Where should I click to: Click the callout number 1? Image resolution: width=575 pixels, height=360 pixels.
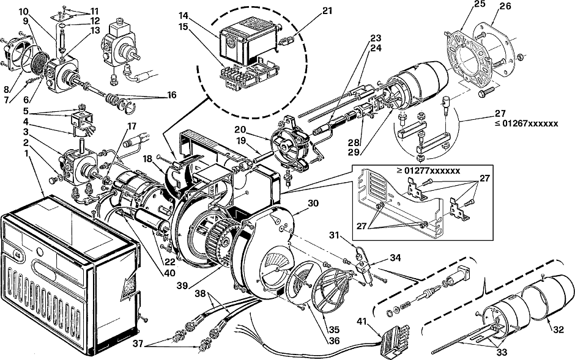26,153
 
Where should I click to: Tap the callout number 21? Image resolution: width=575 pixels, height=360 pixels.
327,10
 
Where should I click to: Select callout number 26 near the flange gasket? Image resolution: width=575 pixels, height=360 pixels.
505,6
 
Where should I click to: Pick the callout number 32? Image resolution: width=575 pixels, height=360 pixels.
558,329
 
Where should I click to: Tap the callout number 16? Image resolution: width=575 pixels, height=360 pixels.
172,95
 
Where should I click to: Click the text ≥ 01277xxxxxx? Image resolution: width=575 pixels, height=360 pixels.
428,171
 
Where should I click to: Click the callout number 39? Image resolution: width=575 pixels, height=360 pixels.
182,285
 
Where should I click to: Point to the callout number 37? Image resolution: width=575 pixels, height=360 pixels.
138,343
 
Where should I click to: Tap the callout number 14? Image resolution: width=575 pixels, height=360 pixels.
184,15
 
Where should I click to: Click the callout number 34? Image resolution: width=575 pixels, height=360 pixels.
395,258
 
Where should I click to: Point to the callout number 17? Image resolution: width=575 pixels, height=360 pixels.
132,127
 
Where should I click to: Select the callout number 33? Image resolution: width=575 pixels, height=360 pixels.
502,352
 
